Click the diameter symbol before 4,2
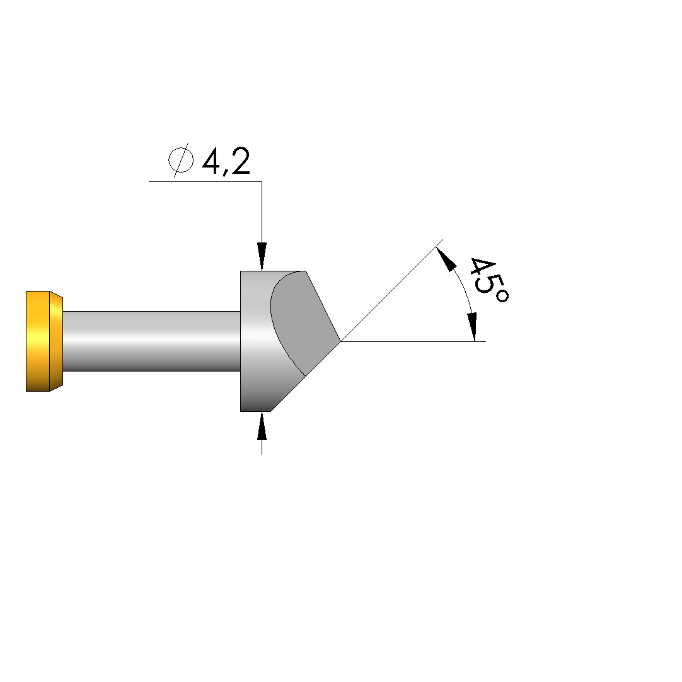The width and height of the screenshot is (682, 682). click(181, 159)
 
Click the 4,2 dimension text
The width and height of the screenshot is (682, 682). click(226, 161)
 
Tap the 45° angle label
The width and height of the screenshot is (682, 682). click(488, 281)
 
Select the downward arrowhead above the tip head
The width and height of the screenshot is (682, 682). click(262, 257)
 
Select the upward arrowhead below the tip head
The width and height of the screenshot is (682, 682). click(262, 426)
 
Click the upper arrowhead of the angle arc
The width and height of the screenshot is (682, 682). click(446, 259)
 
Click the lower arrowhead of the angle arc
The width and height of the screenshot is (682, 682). click(472, 327)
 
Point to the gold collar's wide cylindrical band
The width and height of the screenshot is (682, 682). click(38, 341)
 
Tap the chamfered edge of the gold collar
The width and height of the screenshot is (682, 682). click(57, 341)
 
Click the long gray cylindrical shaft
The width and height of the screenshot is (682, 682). click(151, 341)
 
